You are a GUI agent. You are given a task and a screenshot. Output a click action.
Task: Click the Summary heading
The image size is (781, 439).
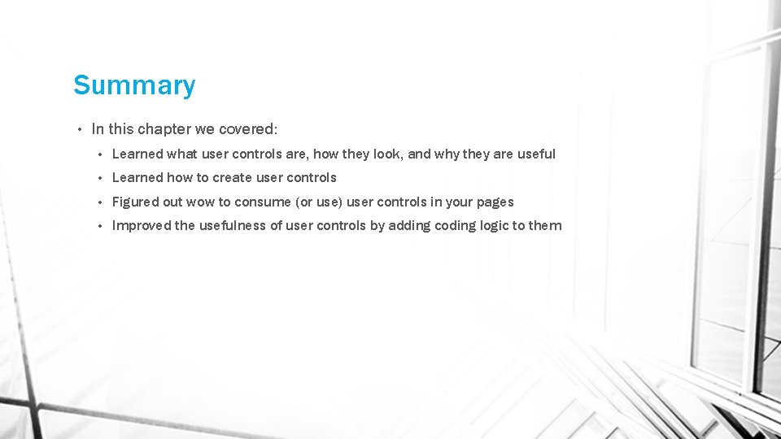pos(134,85)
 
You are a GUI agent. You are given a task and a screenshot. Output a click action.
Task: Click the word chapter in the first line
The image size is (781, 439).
pos(165,129)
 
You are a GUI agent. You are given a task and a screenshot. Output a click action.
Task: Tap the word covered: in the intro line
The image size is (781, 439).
pos(248,129)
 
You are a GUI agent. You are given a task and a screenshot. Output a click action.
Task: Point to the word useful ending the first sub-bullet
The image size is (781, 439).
pos(536,154)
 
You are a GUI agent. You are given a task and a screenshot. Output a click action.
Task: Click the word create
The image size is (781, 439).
pos(233,177)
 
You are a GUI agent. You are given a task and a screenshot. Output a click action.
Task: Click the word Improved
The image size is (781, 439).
pos(142,226)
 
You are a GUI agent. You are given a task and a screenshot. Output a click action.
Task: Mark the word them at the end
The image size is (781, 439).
pos(545,226)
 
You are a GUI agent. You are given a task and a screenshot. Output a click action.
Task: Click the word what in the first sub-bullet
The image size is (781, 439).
pos(181,154)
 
